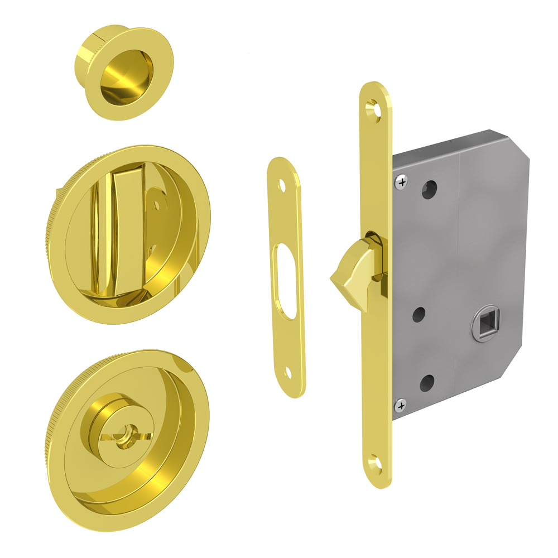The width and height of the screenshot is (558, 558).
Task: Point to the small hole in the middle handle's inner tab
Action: pos(157,206)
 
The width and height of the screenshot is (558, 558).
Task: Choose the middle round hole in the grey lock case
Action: pos(419,315)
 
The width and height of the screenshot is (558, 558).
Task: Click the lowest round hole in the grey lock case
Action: pos(427,382)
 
